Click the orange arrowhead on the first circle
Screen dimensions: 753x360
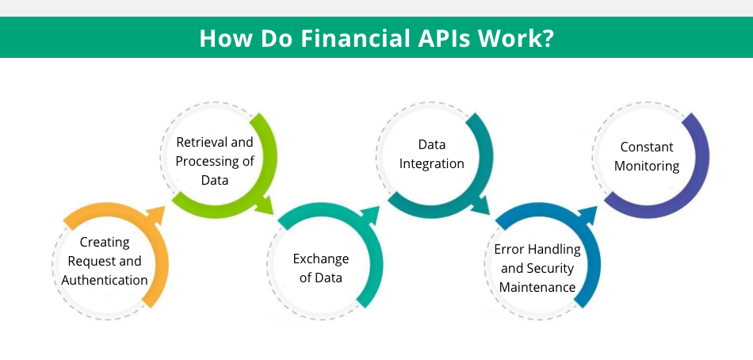[155, 215]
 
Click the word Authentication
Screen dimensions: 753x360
[105, 280]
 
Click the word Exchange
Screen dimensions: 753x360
[321, 259]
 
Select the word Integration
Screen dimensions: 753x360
[432, 164]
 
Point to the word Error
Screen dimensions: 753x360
[509, 250]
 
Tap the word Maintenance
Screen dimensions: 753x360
[537, 287]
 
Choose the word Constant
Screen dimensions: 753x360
[646, 147]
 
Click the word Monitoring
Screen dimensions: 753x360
[646, 167]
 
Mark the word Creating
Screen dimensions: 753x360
[105, 242]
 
